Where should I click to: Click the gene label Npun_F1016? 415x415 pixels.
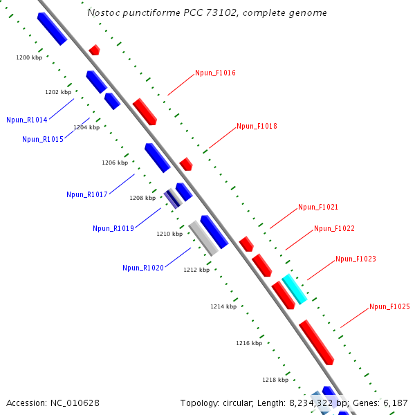(x=215, y=73)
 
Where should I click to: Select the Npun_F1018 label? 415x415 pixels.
(x=257, y=126)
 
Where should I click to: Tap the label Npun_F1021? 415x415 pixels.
(x=318, y=207)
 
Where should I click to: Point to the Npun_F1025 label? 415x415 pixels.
(x=389, y=306)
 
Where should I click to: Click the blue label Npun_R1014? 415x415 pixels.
(x=27, y=120)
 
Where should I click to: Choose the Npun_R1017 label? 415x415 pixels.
(x=87, y=194)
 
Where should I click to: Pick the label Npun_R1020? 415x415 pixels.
(x=143, y=268)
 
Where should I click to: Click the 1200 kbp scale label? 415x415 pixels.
(x=29, y=57)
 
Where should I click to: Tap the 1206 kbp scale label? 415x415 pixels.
(x=115, y=163)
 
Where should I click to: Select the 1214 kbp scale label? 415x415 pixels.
(x=223, y=306)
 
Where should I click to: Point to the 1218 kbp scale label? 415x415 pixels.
(x=275, y=380)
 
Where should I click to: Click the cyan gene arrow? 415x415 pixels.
(x=294, y=288)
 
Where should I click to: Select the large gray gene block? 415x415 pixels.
(x=203, y=238)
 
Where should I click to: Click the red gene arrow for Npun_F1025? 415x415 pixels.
(x=317, y=342)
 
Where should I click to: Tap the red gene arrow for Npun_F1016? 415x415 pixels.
(x=145, y=111)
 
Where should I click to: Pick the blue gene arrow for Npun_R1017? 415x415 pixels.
(x=158, y=158)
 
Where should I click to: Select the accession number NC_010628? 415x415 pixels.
(x=76, y=403)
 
